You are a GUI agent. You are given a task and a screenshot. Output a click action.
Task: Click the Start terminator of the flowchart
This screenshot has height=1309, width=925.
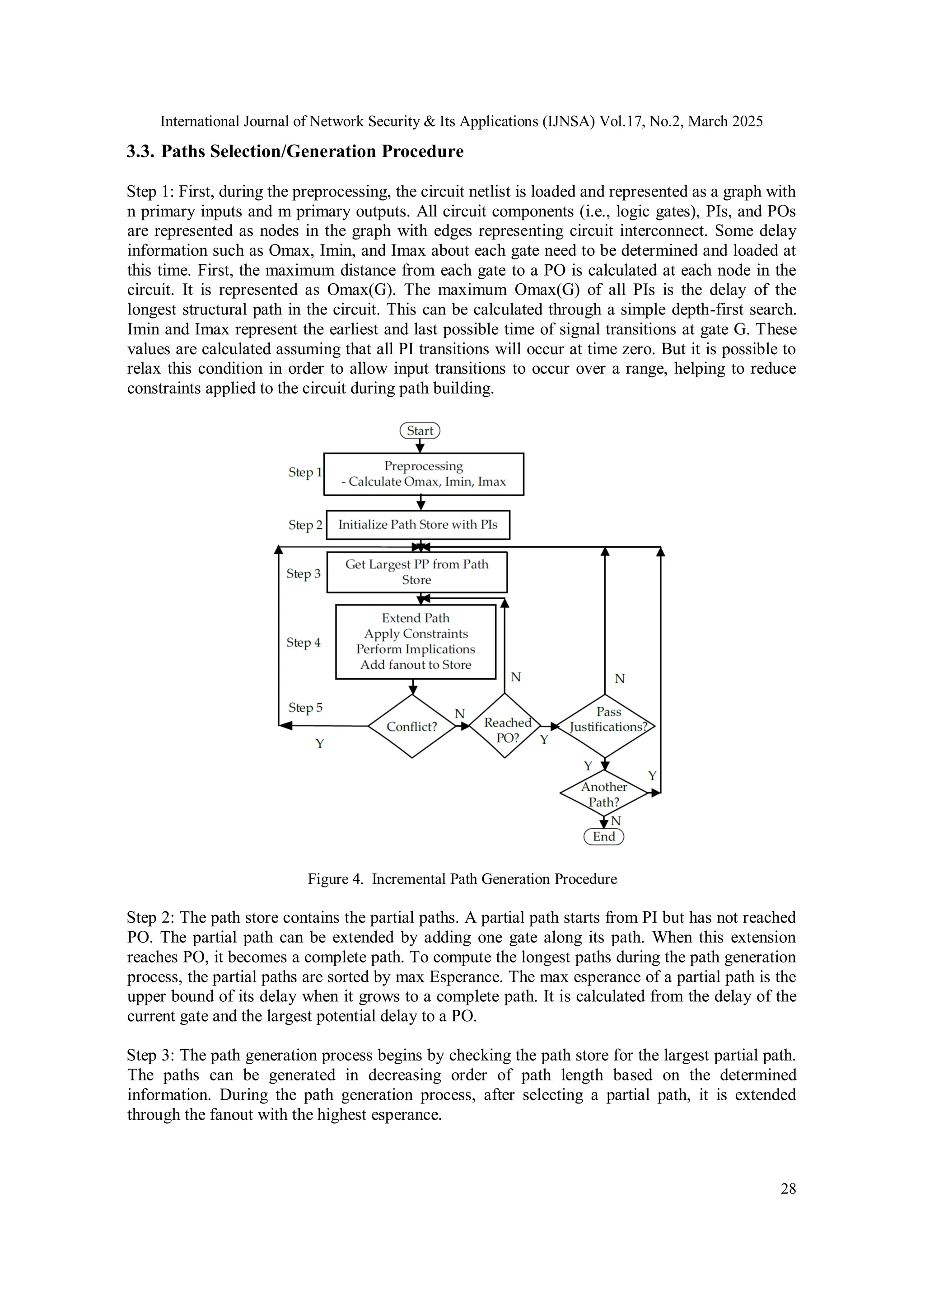pyautogui.click(x=420, y=431)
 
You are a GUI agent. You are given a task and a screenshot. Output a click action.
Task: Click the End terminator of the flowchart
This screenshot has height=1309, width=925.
pyautogui.click(x=603, y=836)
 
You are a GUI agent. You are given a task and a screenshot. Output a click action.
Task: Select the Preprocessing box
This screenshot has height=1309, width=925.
pyautogui.click(x=424, y=474)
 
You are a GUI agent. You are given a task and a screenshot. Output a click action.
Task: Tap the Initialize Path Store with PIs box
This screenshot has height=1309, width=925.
pyautogui.click(x=418, y=525)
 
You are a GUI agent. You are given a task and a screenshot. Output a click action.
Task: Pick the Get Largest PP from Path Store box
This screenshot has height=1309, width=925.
pyautogui.click(x=416, y=572)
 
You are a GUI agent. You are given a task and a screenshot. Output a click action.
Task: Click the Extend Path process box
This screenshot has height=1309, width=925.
pyautogui.click(x=416, y=641)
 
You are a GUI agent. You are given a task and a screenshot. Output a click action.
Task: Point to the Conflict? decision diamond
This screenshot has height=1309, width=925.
pyautogui.click(x=411, y=726)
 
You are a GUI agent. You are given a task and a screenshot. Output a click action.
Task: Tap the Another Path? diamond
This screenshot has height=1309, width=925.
pyautogui.click(x=603, y=793)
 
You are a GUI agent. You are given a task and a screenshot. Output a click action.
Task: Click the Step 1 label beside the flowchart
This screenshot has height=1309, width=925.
pyautogui.click(x=305, y=472)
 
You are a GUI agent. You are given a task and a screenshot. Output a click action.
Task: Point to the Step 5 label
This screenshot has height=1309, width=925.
pyautogui.click(x=305, y=708)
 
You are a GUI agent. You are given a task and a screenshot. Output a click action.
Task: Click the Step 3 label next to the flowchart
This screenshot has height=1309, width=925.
pyautogui.click(x=303, y=573)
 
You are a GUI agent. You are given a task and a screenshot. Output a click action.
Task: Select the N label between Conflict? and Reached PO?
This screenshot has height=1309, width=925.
pyautogui.click(x=459, y=714)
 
